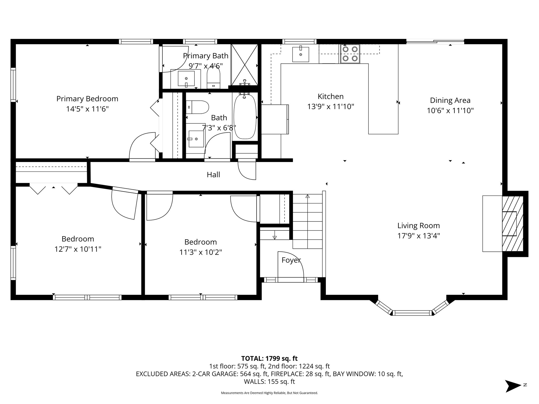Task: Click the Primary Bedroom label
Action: [87, 99]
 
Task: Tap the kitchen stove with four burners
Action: [350, 54]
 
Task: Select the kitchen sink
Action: [301, 54]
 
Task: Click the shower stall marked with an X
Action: [244, 64]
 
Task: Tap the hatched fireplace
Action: [512, 223]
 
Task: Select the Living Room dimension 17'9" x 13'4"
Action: [418, 236]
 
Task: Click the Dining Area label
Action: [450, 100]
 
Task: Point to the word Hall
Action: [213, 175]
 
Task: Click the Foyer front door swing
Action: [291, 267]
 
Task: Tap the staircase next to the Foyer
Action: [308, 221]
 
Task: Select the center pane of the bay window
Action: [412, 313]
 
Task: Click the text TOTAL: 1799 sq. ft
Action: [269, 358]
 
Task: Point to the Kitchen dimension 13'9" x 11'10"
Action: [331, 107]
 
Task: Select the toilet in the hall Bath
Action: [197, 107]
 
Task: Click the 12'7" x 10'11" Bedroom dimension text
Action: [78, 249]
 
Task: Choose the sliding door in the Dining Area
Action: [435, 41]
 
